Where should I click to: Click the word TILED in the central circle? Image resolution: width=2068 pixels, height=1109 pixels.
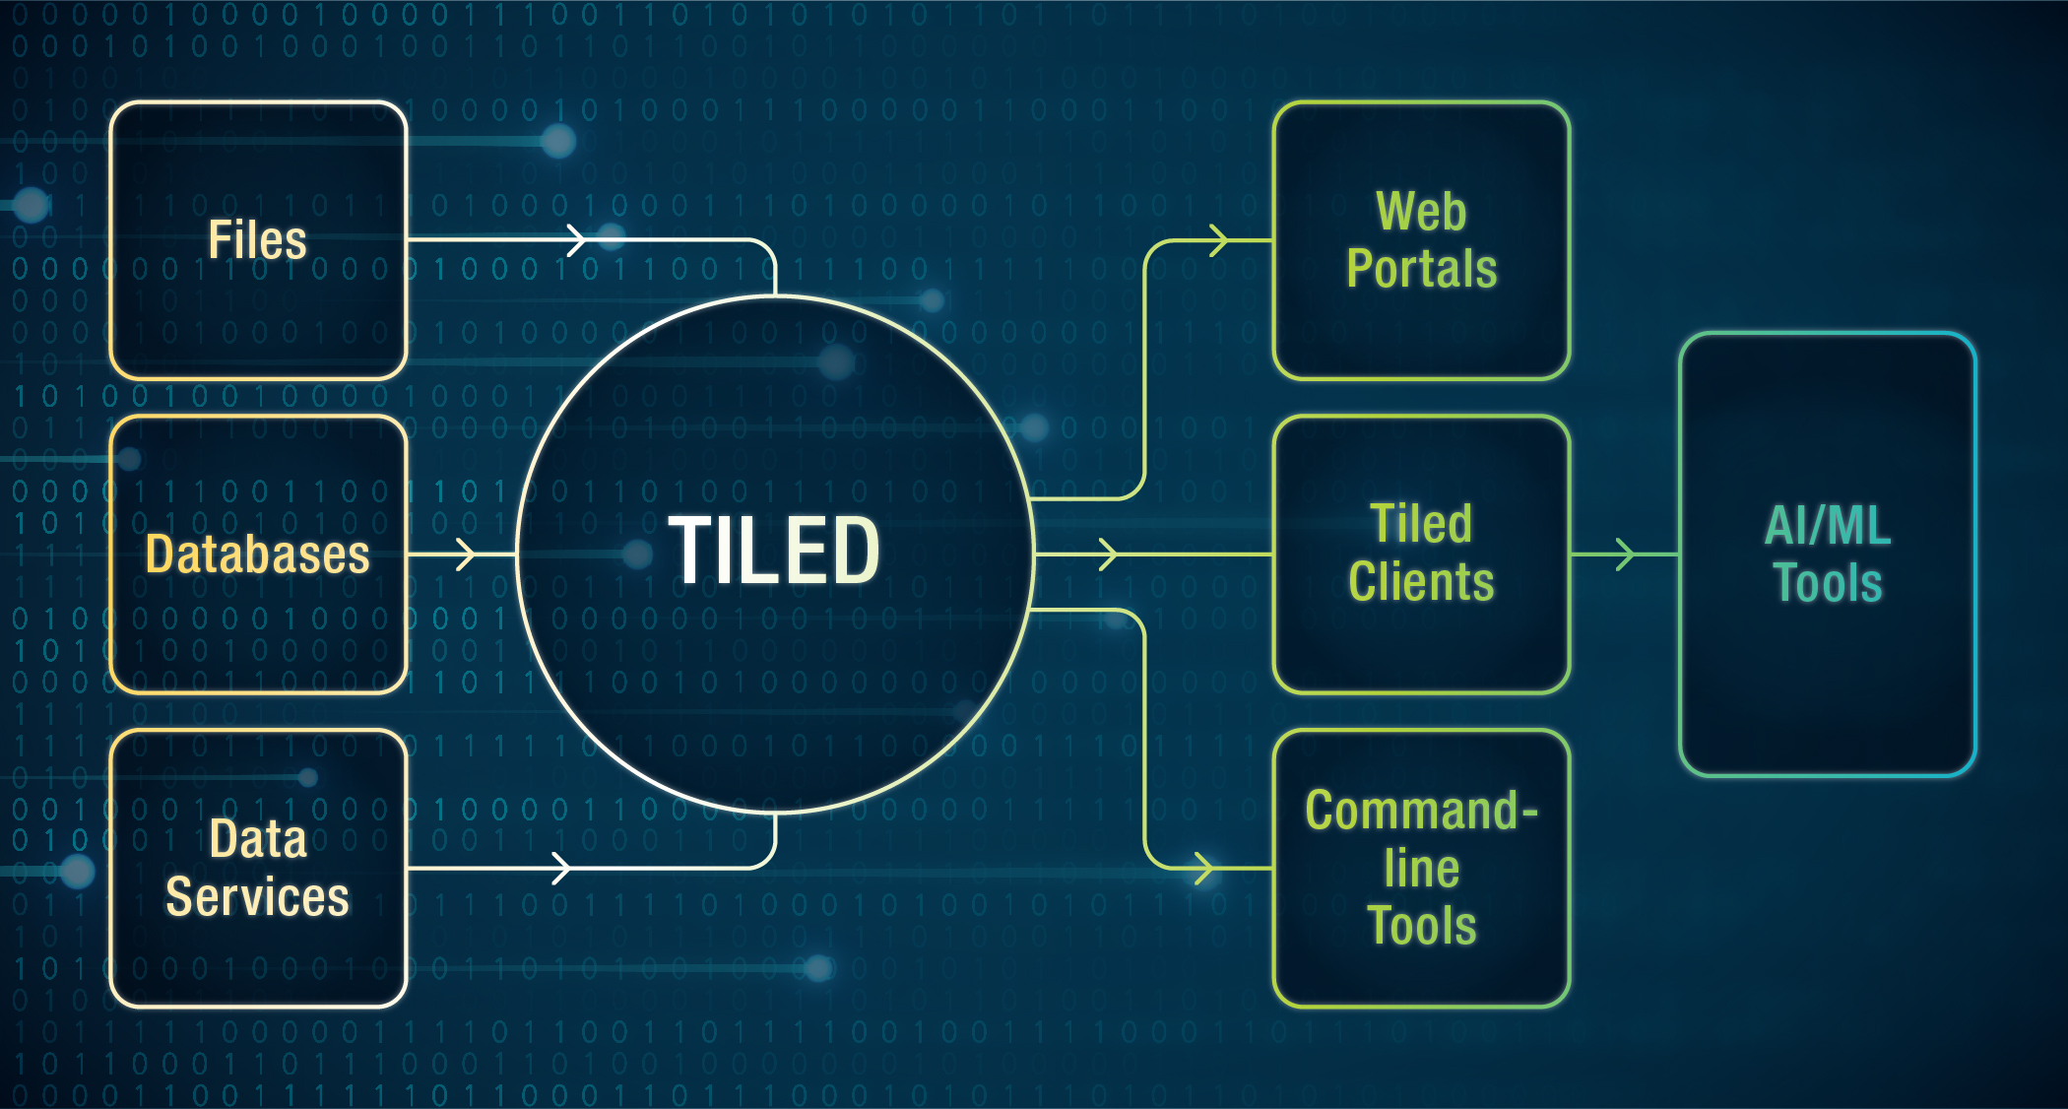tap(774, 550)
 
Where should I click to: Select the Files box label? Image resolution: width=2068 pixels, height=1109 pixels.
tap(258, 239)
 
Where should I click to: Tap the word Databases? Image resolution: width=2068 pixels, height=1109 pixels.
tap(258, 554)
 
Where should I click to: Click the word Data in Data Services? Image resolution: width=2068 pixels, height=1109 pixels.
tap(258, 839)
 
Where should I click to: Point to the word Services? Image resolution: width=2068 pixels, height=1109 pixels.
tap(258, 896)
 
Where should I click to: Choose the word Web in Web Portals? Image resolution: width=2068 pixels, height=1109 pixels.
tap(1421, 211)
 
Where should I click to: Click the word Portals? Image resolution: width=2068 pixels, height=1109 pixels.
tap(1421, 268)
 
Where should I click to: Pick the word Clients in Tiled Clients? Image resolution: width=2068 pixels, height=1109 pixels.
tap(1421, 581)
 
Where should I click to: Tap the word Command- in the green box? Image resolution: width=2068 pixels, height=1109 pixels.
tap(1421, 811)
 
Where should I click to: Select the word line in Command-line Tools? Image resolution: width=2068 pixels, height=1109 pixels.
tap(1421, 869)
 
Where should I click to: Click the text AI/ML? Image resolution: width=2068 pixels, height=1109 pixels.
tap(1828, 525)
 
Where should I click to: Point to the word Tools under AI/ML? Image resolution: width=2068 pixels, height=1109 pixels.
tap(1828, 582)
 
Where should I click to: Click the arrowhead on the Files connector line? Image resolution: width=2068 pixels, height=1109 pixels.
tap(577, 239)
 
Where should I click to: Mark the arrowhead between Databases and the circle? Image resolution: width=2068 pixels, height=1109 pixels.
tap(466, 554)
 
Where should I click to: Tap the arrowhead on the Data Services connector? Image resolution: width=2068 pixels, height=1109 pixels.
tap(561, 869)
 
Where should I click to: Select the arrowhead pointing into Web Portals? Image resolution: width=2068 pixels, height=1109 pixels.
tap(1219, 239)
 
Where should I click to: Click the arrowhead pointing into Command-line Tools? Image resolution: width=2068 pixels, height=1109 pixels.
tap(1203, 869)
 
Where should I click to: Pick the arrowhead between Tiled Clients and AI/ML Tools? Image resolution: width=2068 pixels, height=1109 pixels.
tap(1625, 554)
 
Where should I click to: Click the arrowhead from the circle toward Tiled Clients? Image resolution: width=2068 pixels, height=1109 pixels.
tap(1108, 554)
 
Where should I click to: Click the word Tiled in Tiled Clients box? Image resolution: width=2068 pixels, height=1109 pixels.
tap(1421, 524)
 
